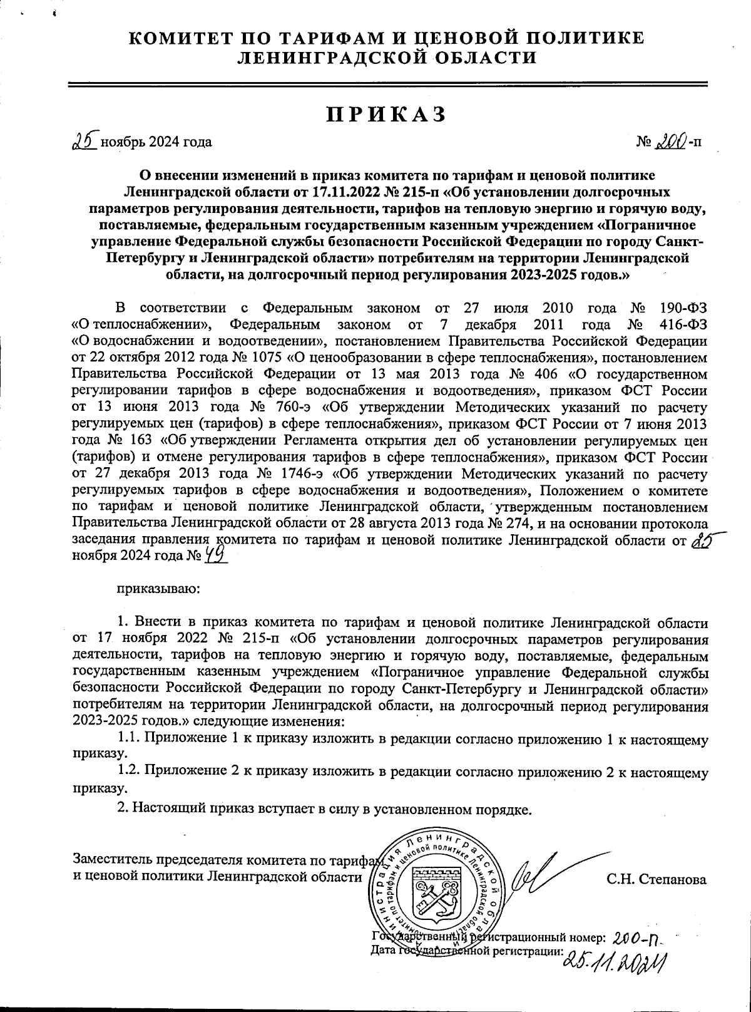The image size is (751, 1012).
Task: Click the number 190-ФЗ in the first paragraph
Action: point(684,308)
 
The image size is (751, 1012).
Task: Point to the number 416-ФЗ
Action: point(684,325)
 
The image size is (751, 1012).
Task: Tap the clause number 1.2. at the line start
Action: point(130,773)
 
